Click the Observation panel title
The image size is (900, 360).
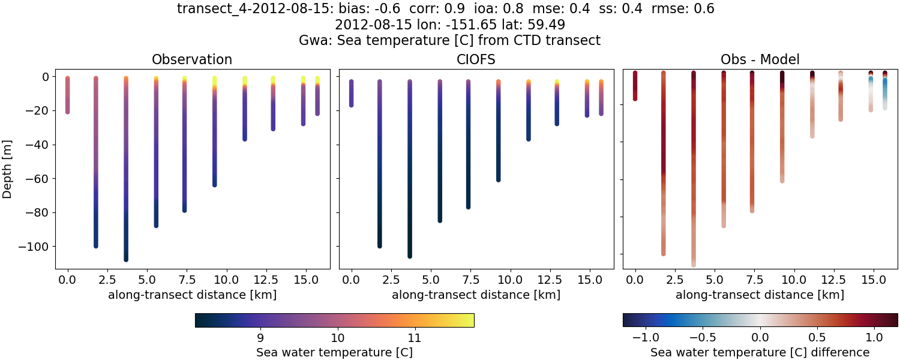point(192,59)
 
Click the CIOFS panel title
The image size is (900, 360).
point(476,59)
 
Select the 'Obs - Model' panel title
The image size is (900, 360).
point(760,59)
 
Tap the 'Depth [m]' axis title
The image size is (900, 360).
point(8,169)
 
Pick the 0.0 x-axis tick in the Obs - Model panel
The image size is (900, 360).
point(635,280)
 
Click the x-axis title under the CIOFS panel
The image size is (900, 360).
point(476,295)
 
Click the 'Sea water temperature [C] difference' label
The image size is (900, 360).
point(760,352)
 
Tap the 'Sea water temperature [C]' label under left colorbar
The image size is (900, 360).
point(334,352)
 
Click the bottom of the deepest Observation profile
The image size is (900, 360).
point(126,259)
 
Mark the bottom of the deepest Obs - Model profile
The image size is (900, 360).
point(694,264)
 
